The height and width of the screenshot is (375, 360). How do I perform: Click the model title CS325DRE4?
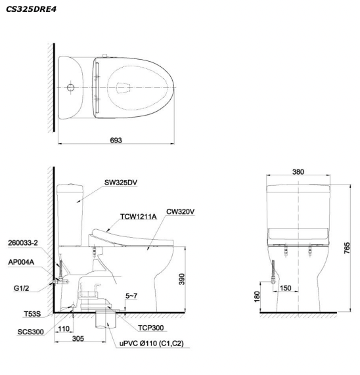(x=31, y=9)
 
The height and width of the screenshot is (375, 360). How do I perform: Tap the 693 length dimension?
(x=116, y=140)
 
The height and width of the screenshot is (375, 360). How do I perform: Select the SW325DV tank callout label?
(x=121, y=183)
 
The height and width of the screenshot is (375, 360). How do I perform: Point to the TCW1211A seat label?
(x=139, y=217)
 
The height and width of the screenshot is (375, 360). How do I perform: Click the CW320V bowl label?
(x=181, y=211)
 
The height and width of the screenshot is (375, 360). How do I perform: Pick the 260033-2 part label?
(x=23, y=243)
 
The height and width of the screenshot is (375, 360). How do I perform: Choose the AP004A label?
(x=21, y=262)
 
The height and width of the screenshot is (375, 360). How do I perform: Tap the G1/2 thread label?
(x=21, y=288)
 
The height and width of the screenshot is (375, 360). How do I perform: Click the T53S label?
(x=32, y=314)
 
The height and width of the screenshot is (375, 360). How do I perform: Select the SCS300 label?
(x=31, y=332)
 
